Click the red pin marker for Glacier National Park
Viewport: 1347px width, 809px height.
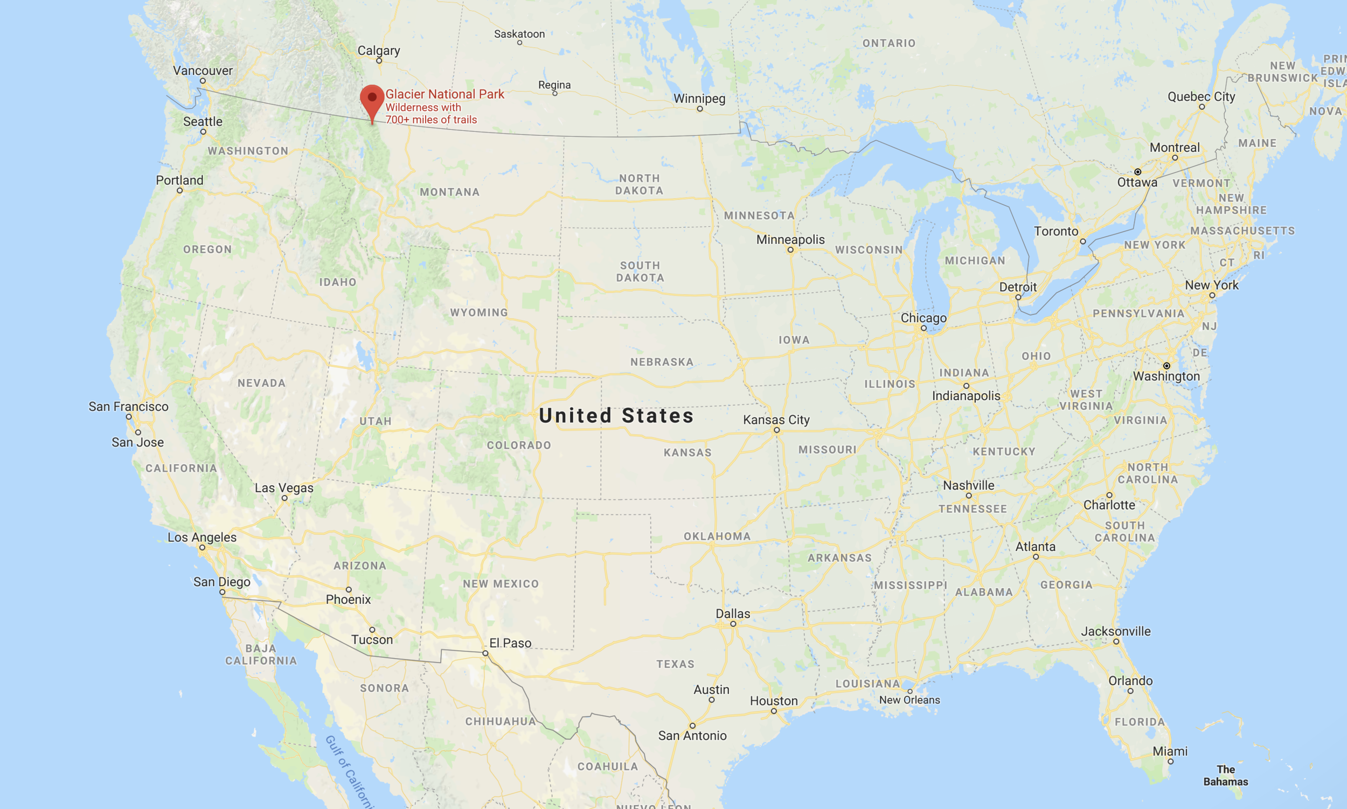pyautogui.click(x=372, y=100)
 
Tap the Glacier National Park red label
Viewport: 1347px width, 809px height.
pyautogui.click(x=445, y=94)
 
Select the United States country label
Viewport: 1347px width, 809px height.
pyautogui.click(x=616, y=416)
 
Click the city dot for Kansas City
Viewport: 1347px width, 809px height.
pyautogui.click(x=776, y=430)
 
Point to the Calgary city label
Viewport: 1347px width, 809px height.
pyautogui.click(x=378, y=51)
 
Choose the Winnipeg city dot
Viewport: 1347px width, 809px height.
pyautogui.click(x=700, y=109)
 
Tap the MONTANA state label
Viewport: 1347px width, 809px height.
pyautogui.click(x=449, y=192)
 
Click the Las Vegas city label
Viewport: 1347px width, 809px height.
pyautogui.click(x=284, y=488)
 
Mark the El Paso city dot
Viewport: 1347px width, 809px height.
pyautogui.click(x=485, y=653)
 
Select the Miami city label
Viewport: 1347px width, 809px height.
pyautogui.click(x=1170, y=751)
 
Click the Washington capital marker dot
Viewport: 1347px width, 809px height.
pyautogui.click(x=1167, y=366)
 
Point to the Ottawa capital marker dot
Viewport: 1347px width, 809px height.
pyautogui.click(x=1137, y=172)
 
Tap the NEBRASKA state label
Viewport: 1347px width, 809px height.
pyautogui.click(x=662, y=362)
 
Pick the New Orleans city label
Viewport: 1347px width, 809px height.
pyautogui.click(x=909, y=700)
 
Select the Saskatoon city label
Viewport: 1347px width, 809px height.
pyautogui.click(x=519, y=34)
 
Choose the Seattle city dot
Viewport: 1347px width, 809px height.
pyautogui.click(x=203, y=132)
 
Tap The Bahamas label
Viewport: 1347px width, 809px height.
pyautogui.click(x=1225, y=775)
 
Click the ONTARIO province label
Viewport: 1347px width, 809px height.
pyautogui.click(x=888, y=43)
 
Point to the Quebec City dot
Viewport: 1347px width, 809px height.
pyautogui.click(x=1202, y=107)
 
